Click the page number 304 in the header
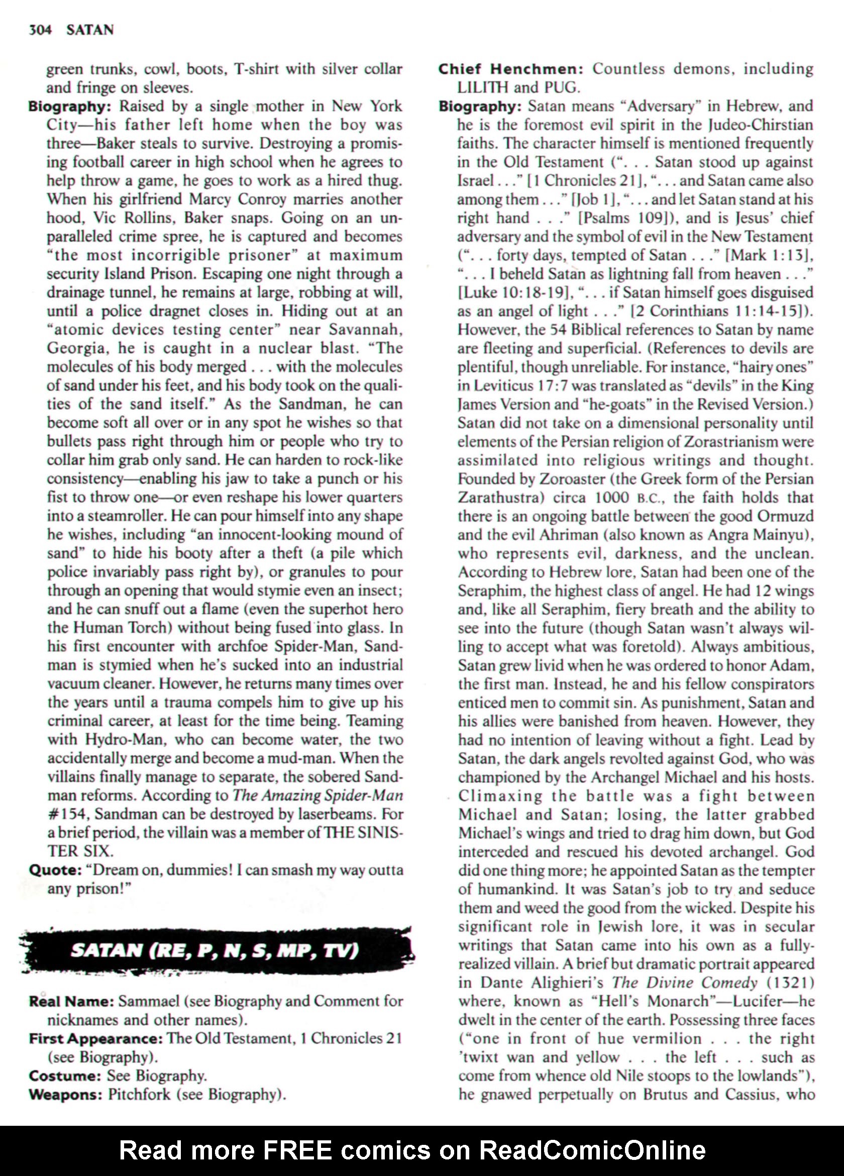(40, 30)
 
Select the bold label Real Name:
(71, 1001)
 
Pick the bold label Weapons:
(66, 1094)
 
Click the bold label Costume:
(64, 1076)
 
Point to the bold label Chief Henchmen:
(512, 68)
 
